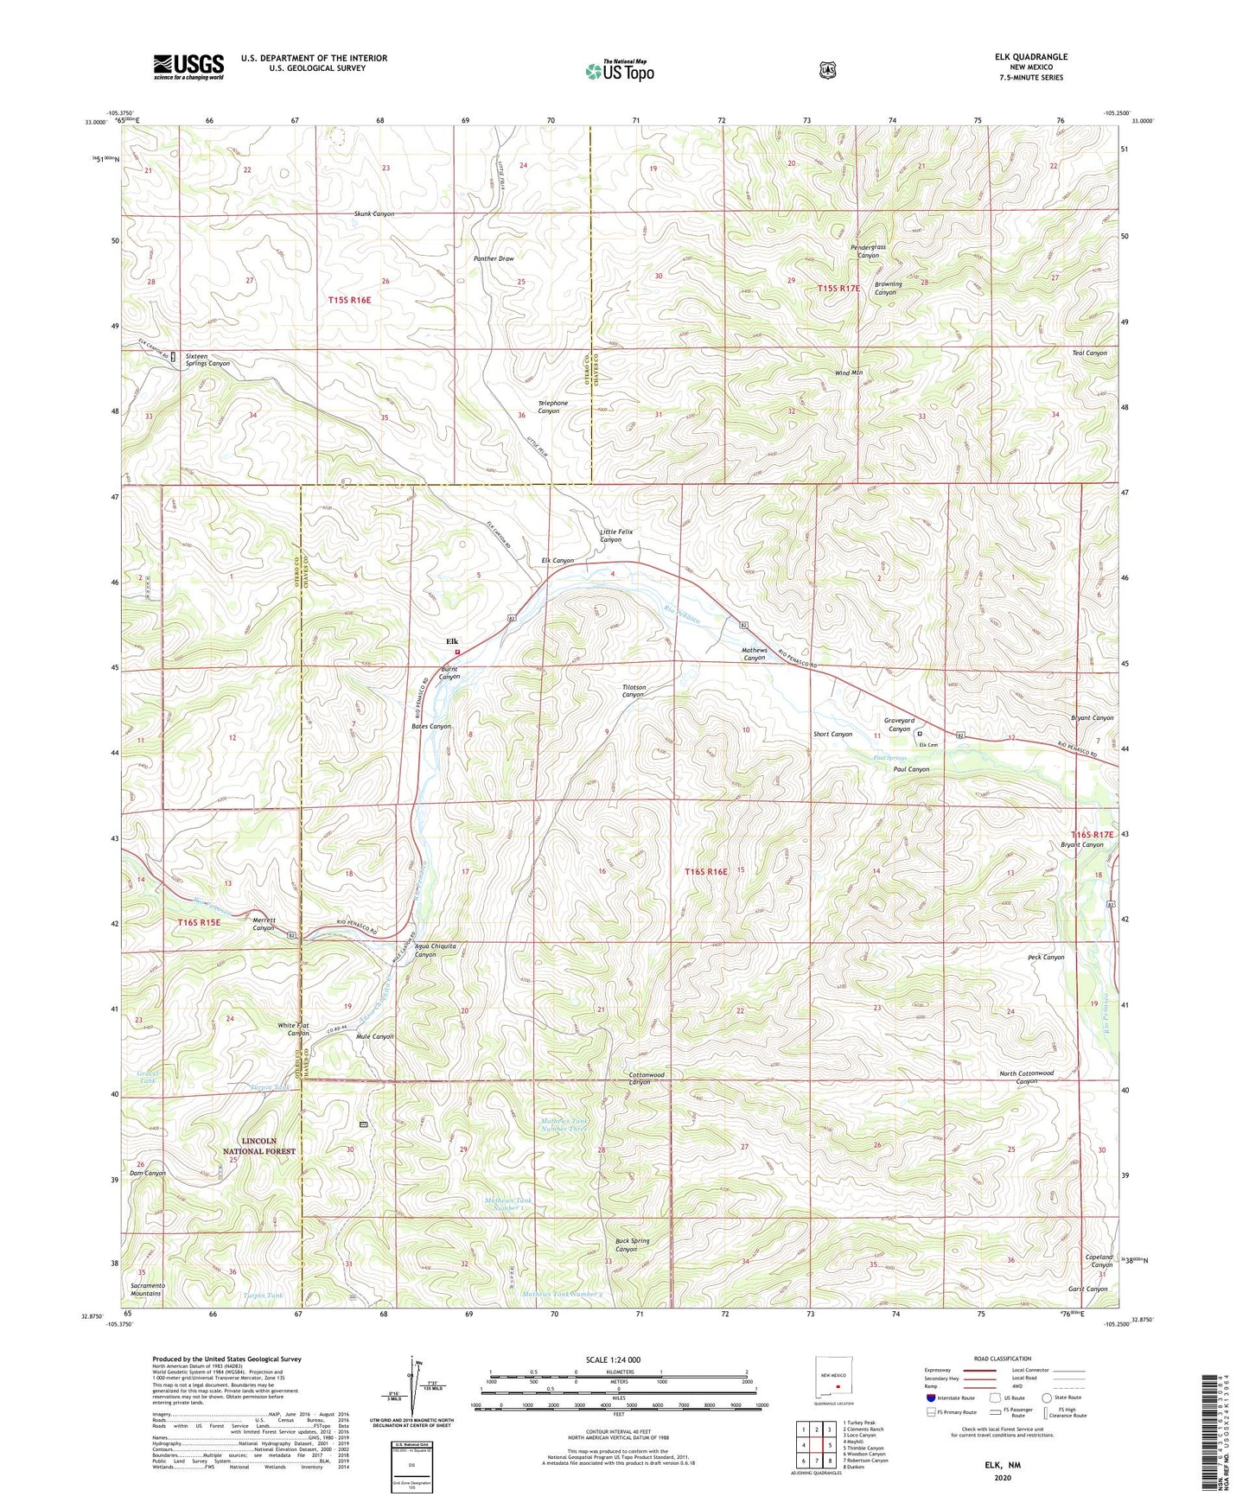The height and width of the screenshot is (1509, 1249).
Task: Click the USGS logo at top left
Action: tap(188, 67)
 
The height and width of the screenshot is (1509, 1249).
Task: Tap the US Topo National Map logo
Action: tap(620, 70)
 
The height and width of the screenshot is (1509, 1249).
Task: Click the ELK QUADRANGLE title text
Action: tap(1030, 57)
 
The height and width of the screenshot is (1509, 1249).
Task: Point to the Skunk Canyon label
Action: tap(373, 213)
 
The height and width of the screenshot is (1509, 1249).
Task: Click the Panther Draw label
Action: tap(494, 258)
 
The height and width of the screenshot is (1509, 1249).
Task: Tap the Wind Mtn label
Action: tap(849, 372)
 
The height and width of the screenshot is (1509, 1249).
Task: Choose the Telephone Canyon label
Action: tap(553, 407)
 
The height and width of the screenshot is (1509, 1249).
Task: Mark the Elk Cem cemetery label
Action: tap(928, 744)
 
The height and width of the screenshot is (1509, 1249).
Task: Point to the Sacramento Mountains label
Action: tap(146, 1289)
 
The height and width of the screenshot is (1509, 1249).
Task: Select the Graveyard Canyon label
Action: tap(899, 724)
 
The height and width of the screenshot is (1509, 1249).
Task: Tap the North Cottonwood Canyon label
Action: tap(1026, 1077)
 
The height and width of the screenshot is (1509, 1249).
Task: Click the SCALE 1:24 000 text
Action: tap(613, 1359)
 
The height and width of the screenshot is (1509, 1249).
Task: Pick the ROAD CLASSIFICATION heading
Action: tap(1001, 1359)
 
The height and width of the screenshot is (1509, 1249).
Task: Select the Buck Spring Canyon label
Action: tap(632, 1245)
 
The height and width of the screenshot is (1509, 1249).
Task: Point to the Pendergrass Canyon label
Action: tap(868, 251)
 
